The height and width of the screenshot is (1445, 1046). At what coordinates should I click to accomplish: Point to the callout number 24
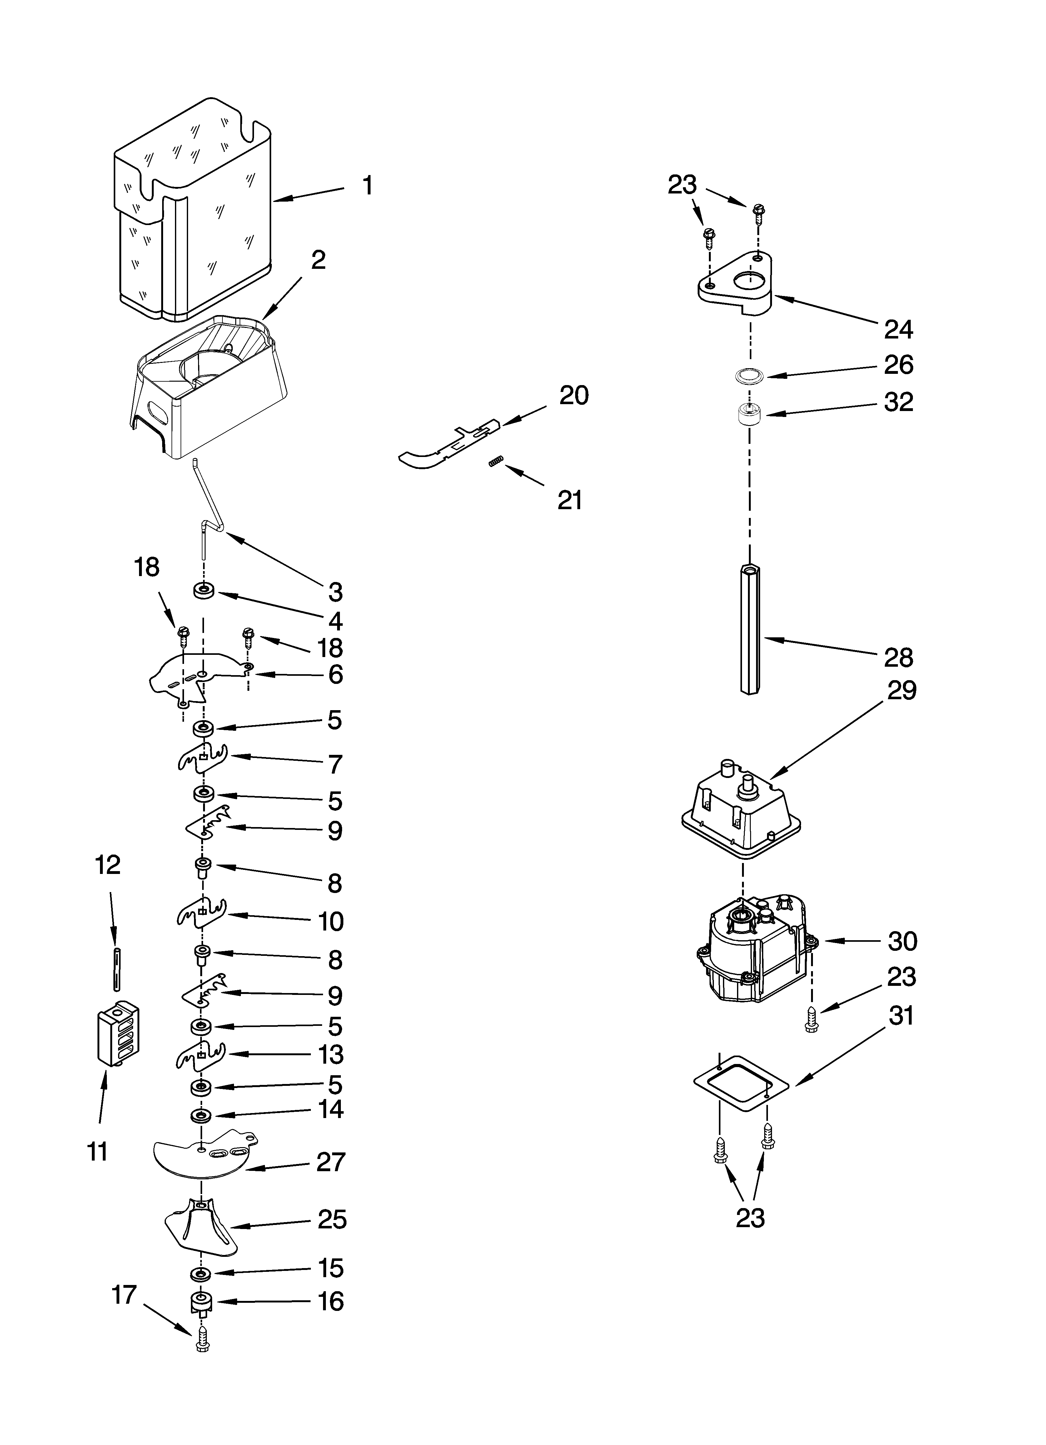pos(898,329)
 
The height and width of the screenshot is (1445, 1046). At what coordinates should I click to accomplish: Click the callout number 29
pos(901,691)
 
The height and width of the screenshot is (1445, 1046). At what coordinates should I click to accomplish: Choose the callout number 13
pos(331,1055)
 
